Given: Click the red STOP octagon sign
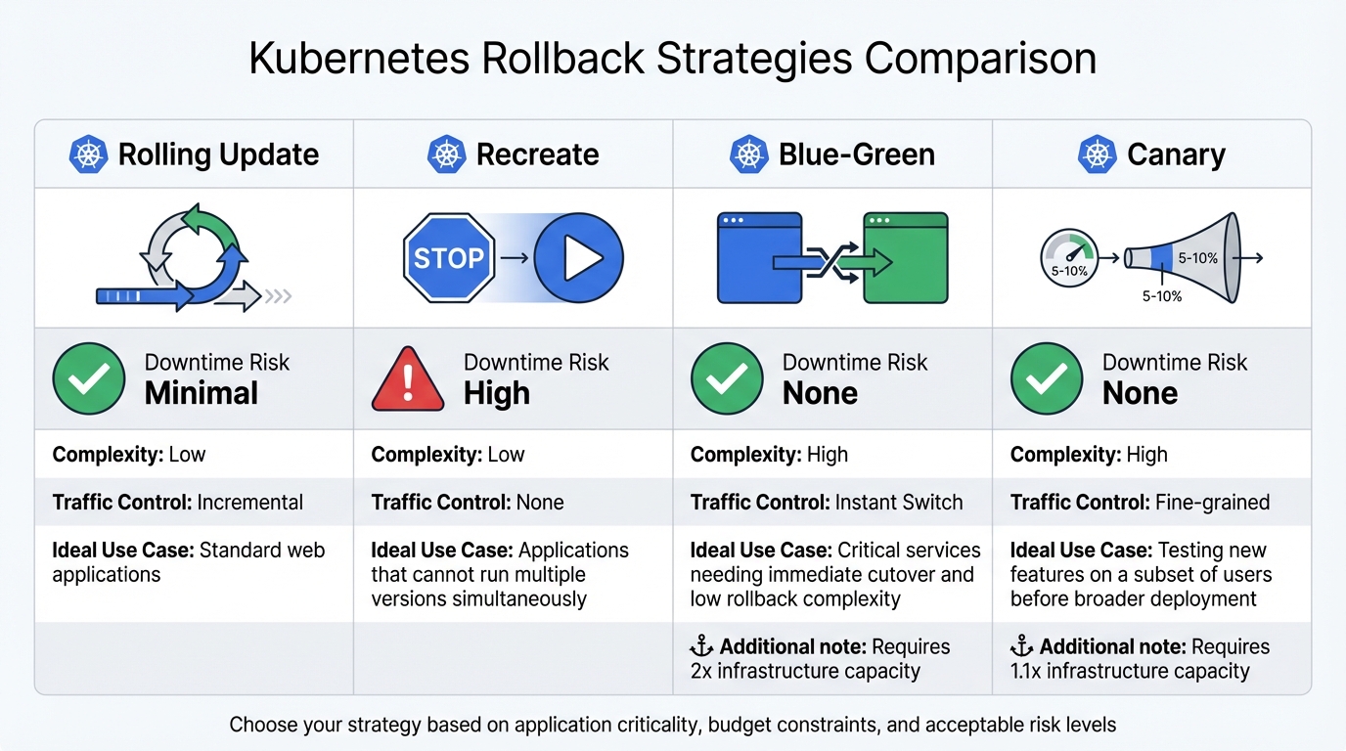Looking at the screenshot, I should (x=449, y=258).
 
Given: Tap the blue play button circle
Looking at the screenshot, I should (x=578, y=258).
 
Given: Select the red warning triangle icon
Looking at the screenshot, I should (x=408, y=379).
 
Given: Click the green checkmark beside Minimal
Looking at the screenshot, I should (x=89, y=379).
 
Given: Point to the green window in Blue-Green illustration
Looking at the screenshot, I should (x=906, y=258).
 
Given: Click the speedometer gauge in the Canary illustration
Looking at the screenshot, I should (x=1068, y=258).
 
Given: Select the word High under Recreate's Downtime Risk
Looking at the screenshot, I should (x=497, y=394).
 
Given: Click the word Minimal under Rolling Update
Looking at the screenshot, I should (x=202, y=394).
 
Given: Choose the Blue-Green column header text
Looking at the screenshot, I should (x=857, y=155).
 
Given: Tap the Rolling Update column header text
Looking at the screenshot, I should (x=218, y=155).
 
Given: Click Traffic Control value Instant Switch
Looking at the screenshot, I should (x=898, y=503).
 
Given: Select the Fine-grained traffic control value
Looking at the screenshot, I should (x=1212, y=503).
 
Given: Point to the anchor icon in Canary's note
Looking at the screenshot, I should (x=1021, y=646).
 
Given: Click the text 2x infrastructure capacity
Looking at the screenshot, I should (x=805, y=671).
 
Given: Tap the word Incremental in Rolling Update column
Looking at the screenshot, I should (x=249, y=503).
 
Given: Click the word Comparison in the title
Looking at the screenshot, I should (x=980, y=59).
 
